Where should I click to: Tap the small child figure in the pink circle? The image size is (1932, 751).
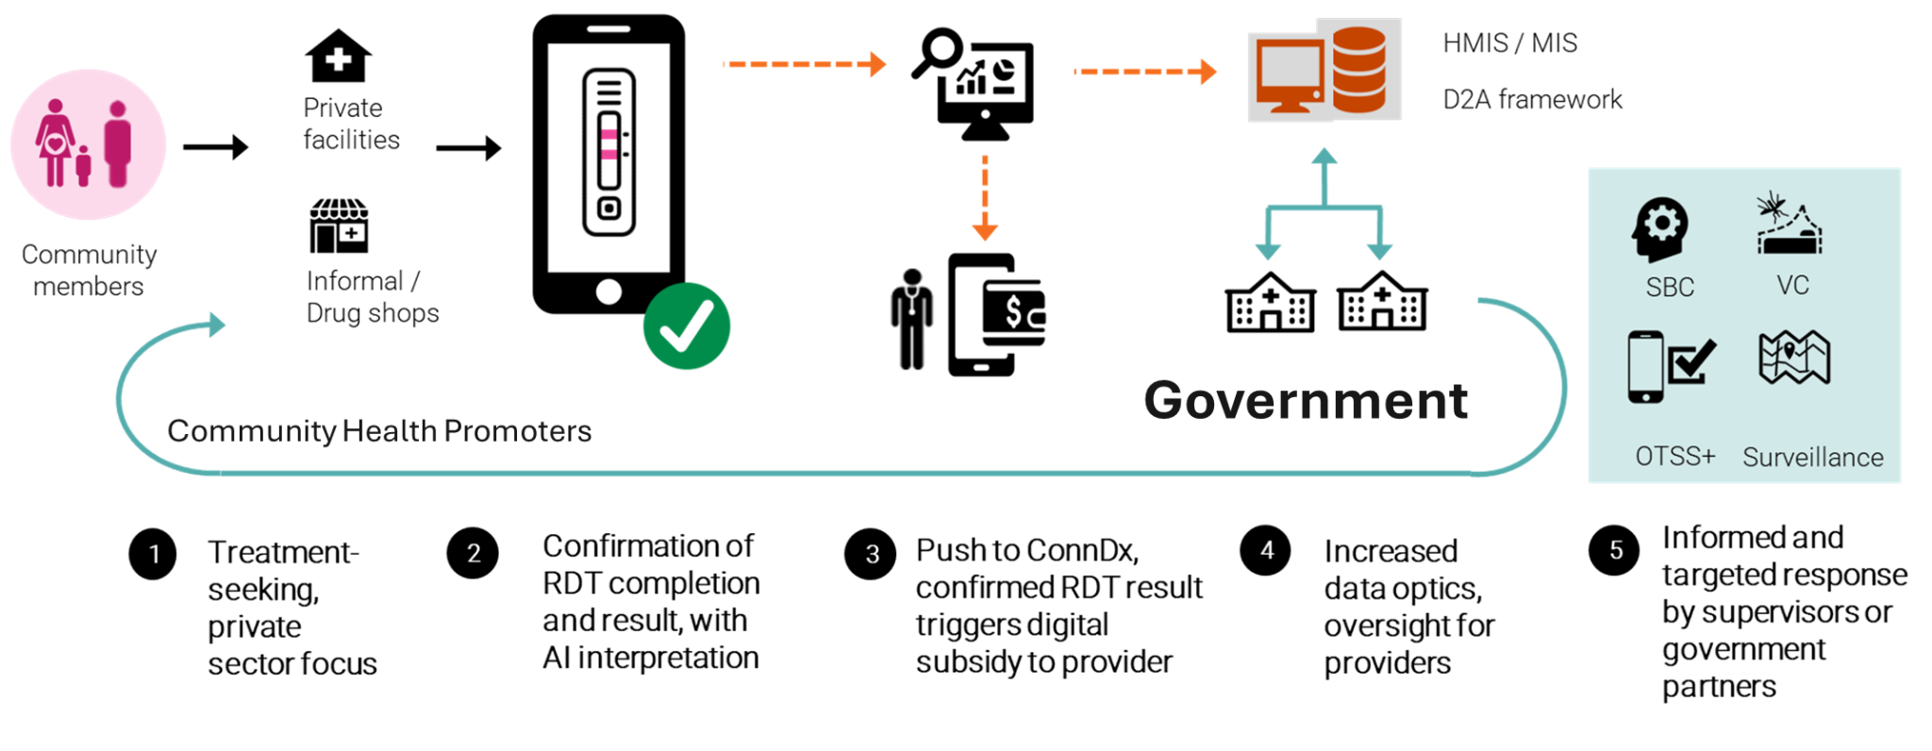[84, 165]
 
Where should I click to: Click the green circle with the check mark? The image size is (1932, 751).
[686, 331]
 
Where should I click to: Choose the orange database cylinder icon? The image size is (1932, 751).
[1358, 69]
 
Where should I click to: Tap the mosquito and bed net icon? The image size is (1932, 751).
[1789, 225]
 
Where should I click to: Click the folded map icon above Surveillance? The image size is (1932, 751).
[1794, 358]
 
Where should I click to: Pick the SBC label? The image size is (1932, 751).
[1670, 288]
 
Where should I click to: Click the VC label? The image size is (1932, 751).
[1792, 285]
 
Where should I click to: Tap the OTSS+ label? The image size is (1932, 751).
[1674, 457]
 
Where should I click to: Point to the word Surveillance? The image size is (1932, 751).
[1812, 458]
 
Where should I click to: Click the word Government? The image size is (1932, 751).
[1306, 401]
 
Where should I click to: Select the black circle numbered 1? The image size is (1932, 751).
[155, 554]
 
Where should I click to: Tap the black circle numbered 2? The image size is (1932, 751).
[474, 553]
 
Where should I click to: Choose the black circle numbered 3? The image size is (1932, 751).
[872, 554]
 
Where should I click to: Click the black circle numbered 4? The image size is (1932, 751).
[1267, 550]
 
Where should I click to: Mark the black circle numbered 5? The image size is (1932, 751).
[1616, 550]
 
